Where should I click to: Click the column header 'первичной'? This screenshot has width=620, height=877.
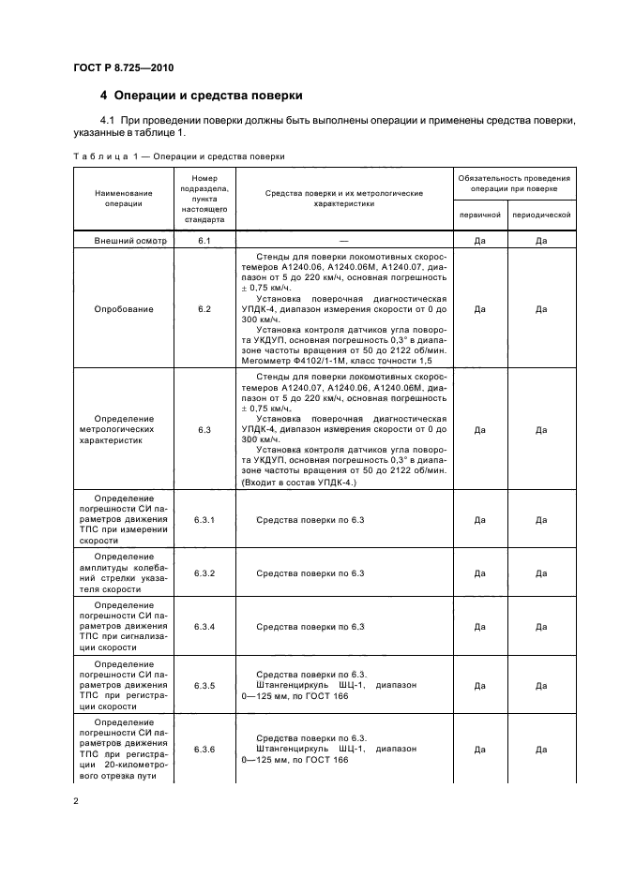[x=479, y=215]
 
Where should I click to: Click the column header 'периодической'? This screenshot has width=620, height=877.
[x=541, y=215]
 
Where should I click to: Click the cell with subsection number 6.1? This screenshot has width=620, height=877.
[x=204, y=241]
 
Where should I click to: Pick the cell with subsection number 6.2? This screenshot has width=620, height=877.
[x=204, y=308]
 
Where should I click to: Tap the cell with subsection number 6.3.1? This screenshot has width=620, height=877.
[x=204, y=519]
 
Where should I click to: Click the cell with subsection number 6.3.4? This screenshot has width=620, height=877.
[x=204, y=626]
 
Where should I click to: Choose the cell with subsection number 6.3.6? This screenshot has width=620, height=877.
[x=204, y=750]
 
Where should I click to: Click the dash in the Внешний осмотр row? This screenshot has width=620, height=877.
[x=344, y=241]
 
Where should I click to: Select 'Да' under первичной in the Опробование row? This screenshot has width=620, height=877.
[x=479, y=308]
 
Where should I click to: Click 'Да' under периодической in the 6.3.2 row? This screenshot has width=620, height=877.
[x=541, y=572]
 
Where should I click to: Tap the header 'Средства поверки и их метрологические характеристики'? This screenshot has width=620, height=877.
[x=344, y=198]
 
